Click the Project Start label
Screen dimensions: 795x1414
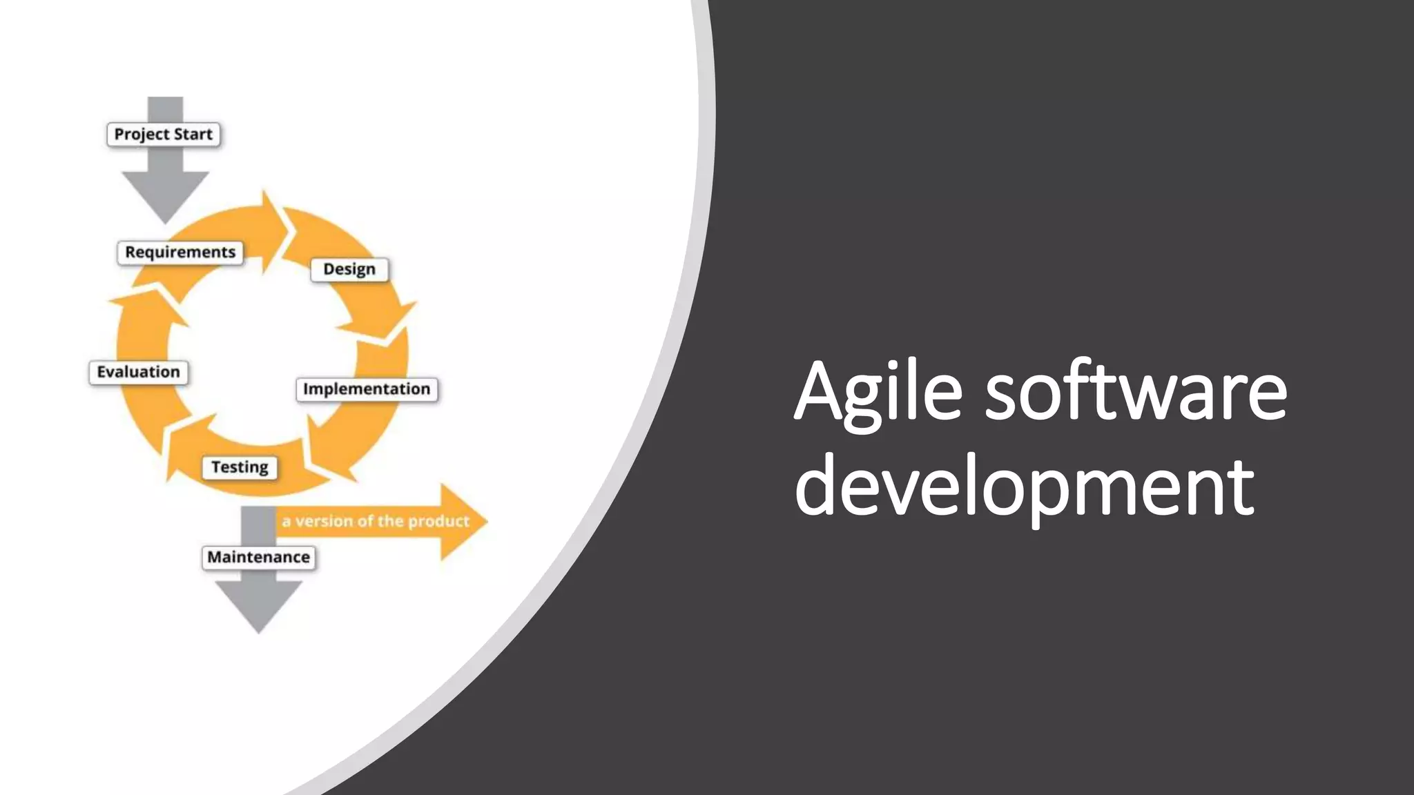pos(164,134)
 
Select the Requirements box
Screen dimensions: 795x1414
pos(180,252)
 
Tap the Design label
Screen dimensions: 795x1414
pos(349,269)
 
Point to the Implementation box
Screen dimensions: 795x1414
pos(367,389)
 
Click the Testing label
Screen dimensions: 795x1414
pos(240,467)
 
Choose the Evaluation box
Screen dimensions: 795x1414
pos(138,372)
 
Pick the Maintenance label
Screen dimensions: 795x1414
pos(258,557)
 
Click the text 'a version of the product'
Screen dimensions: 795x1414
pos(376,521)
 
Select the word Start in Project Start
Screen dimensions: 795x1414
pos(193,134)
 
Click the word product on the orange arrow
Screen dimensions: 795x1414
pos(438,521)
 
